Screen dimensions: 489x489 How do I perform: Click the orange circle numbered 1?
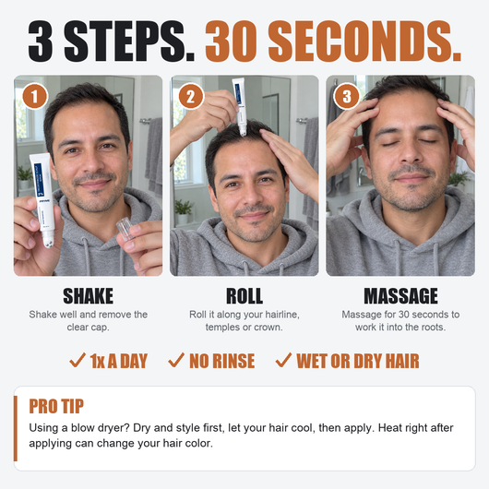[35, 96]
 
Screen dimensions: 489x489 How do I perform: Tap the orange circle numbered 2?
[191, 96]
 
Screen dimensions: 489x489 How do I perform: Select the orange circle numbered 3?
[347, 96]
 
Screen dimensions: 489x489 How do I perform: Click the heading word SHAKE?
[89, 296]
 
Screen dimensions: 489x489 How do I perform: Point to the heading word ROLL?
[244, 296]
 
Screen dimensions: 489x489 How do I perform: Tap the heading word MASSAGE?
[400, 296]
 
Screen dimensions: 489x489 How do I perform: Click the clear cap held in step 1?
[125, 229]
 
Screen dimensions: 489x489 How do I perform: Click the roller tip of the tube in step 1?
[48, 242]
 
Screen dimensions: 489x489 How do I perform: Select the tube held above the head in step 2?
[241, 106]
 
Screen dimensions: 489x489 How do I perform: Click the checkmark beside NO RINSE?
[176, 361]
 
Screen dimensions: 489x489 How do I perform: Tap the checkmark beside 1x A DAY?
[78, 361]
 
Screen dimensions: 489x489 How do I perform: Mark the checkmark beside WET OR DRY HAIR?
[283, 361]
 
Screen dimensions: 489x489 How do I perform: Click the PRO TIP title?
[56, 406]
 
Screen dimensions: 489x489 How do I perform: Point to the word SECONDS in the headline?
[364, 42]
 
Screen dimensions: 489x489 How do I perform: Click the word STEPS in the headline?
[129, 42]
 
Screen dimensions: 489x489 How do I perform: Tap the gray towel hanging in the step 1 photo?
[154, 156]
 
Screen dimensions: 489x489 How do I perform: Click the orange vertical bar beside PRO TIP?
[16, 428]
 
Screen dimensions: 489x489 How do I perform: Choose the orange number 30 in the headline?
[231, 42]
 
